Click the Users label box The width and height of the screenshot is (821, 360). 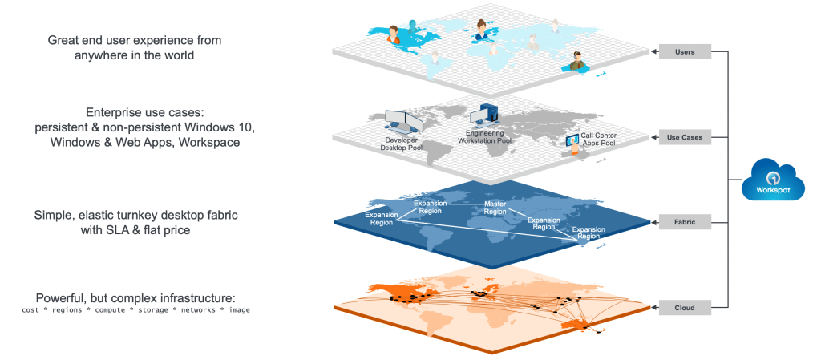pyautogui.click(x=685, y=52)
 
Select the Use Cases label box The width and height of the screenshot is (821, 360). pyautogui.click(x=685, y=138)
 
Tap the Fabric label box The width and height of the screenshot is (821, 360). pyautogui.click(x=685, y=222)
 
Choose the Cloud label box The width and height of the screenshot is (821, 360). pyautogui.click(x=685, y=308)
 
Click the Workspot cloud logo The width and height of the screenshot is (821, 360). pyautogui.click(x=772, y=181)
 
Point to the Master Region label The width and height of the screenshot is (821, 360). pyautogui.click(x=495, y=208)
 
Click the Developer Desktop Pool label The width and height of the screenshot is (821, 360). pyautogui.click(x=401, y=144)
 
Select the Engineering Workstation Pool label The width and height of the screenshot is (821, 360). pyautogui.click(x=485, y=137)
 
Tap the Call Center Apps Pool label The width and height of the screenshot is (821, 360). pyautogui.click(x=597, y=139)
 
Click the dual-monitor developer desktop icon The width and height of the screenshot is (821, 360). pyautogui.click(x=404, y=121)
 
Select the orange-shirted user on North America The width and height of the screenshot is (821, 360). pyautogui.click(x=393, y=35)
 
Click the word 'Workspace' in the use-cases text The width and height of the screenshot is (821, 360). pyautogui.click(x=209, y=141)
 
